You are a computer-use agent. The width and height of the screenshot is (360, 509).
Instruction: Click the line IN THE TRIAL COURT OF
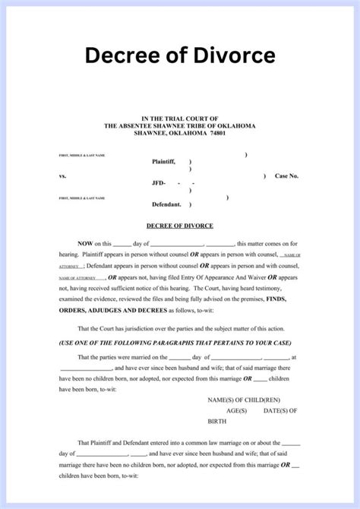pos(179,118)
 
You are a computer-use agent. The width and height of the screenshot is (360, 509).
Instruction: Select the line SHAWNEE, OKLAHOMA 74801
pos(179,133)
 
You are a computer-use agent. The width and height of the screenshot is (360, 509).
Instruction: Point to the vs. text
pos(62,175)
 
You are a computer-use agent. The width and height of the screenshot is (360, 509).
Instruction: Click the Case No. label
pos(287,175)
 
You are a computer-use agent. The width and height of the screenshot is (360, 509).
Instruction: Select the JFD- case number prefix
pos(159,183)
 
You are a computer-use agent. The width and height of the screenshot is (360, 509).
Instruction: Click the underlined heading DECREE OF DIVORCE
pos(179,226)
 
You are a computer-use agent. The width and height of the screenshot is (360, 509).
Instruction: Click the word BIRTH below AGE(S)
pos(217,420)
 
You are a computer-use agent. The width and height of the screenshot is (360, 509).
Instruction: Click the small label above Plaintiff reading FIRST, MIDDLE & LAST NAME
pos(81,156)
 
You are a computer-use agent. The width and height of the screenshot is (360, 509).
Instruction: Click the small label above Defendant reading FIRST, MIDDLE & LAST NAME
pos(81,198)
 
